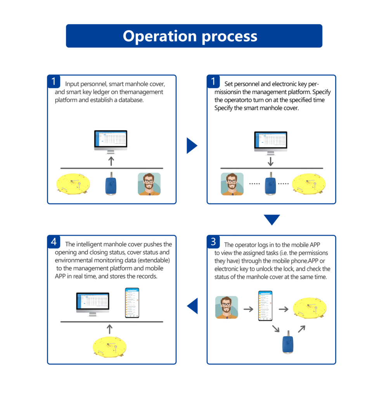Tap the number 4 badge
(x=54, y=242)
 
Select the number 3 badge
(x=213, y=242)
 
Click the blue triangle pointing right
(x=192, y=146)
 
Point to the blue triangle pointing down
(x=272, y=219)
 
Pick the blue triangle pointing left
(x=193, y=306)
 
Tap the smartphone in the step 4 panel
(x=132, y=303)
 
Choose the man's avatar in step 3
(x=227, y=307)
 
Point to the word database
(x=131, y=100)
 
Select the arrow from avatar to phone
(x=248, y=309)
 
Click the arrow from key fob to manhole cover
(x=301, y=329)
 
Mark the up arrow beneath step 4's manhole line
(x=110, y=329)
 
